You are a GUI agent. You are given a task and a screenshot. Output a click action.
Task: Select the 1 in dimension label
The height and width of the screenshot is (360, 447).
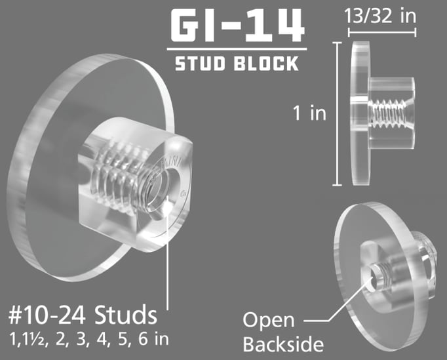pyautogui.click(x=309, y=113)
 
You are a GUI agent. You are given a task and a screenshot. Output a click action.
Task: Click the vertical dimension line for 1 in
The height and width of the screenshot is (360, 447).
pyautogui.click(x=339, y=114)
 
